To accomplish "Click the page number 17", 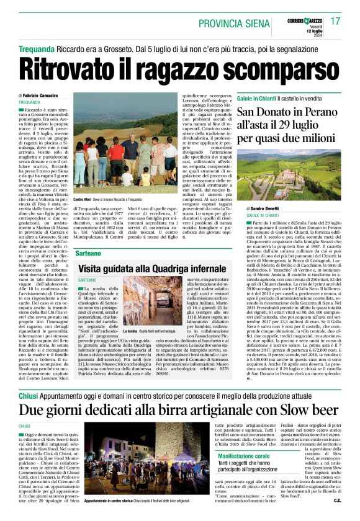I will (336, 21).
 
